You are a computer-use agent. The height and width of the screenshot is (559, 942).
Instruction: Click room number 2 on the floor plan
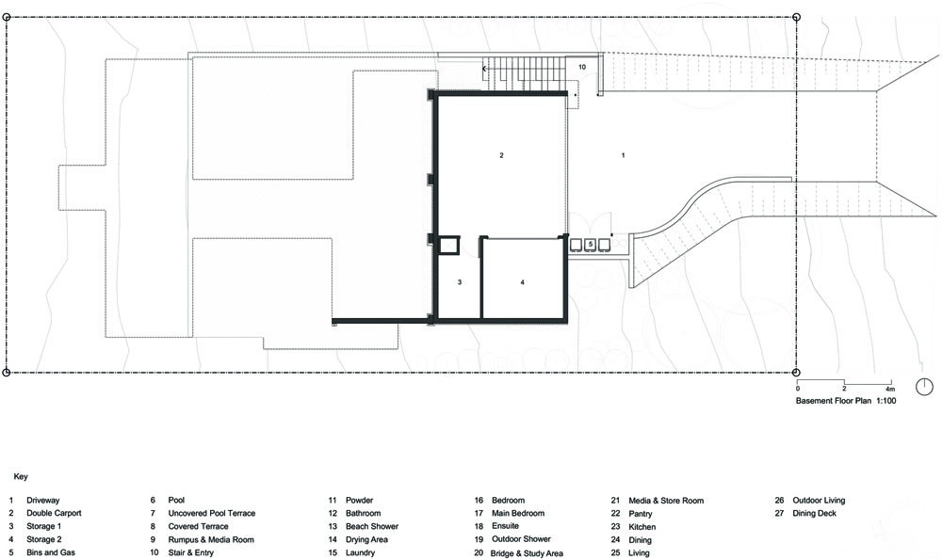(502, 155)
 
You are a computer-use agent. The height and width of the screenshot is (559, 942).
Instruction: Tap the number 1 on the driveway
(623, 155)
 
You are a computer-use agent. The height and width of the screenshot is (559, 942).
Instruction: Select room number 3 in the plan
(460, 282)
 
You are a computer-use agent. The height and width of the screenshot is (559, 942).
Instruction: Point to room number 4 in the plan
(522, 282)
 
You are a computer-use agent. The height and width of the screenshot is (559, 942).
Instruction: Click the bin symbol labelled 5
(591, 245)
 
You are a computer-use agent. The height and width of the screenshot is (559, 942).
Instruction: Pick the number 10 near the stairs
(581, 67)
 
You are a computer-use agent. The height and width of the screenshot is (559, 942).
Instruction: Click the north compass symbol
(924, 387)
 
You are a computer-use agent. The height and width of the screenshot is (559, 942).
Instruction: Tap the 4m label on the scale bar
(890, 389)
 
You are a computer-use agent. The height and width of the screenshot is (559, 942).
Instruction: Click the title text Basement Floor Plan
(834, 401)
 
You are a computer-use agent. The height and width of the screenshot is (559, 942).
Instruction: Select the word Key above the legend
(21, 477)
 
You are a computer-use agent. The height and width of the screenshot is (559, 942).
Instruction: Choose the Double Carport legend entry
(54, 514)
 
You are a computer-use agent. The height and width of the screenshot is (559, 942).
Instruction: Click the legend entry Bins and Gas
(51, 552)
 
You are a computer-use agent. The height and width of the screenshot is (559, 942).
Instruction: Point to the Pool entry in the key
(176, 500)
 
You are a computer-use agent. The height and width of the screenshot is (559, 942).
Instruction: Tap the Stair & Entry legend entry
(190, 552)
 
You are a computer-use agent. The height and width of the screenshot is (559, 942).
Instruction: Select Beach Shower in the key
(372, 527)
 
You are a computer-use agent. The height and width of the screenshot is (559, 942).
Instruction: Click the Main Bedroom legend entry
(518, 514)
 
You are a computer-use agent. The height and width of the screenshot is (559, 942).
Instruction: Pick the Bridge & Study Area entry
(527, 553)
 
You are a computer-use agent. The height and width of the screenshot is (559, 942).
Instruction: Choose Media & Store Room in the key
(666, 501)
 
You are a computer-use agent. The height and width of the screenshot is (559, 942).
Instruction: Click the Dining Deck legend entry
(814, 514)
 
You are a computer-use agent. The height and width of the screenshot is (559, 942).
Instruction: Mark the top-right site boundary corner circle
(797, 18)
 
